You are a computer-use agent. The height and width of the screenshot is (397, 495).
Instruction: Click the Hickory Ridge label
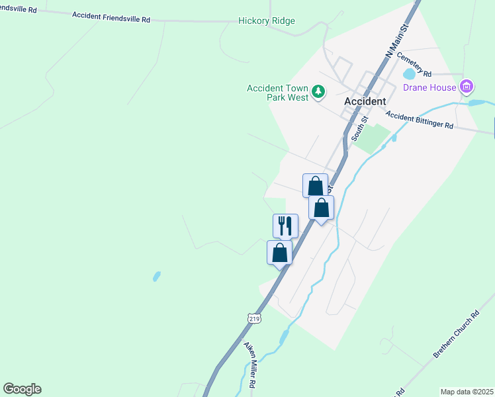[x=266, y=21]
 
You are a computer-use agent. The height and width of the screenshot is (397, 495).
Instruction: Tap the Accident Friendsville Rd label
[x=111, y=17]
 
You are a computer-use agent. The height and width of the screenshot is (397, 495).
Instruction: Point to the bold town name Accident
[x=365, y=102]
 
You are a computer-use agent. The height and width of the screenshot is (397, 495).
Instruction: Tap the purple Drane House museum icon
[x=467, y=86]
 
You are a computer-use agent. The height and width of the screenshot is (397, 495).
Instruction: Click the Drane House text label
[x=430, y=87]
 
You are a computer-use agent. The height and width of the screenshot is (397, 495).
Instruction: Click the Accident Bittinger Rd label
[x=420, y=120]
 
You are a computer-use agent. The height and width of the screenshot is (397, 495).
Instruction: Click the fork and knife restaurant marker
[x=285, y=226]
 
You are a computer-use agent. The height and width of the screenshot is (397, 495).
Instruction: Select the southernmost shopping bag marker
[x=279, y=252]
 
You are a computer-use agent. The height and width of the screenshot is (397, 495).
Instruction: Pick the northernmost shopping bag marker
[x=315, y=185]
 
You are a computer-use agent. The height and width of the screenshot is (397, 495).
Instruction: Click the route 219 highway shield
[x=255, y=318]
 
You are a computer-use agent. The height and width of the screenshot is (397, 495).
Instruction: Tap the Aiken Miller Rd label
[x=250, y=365]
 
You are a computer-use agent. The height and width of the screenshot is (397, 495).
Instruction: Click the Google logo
[x=22, y=389]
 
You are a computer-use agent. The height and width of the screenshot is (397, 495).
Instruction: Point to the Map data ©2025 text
[x=467, y=392]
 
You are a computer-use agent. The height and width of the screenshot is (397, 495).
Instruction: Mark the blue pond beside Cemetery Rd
[x=408, y=74]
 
